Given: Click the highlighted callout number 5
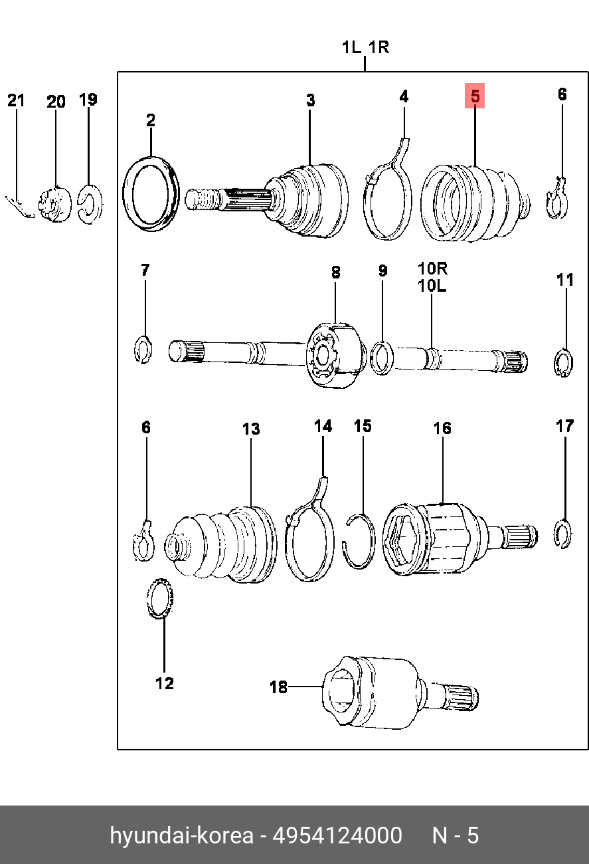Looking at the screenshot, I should coord(475,96).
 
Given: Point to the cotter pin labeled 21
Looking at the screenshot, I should coord(20,207).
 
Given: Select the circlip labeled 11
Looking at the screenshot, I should coord(564,362).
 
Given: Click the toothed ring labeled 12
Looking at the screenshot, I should coord(159,598).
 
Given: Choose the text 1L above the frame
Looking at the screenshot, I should coord(351,48).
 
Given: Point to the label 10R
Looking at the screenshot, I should coord(433,269).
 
